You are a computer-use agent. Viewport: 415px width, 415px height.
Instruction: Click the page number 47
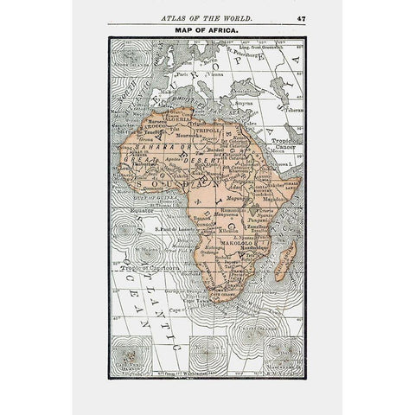pyautogui.click(x=300, y=16)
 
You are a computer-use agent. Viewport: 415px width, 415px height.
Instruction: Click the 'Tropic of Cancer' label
pyautogui.click(x=284, y=143)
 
